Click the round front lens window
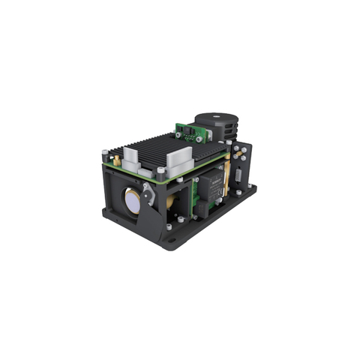tap(132, 198)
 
